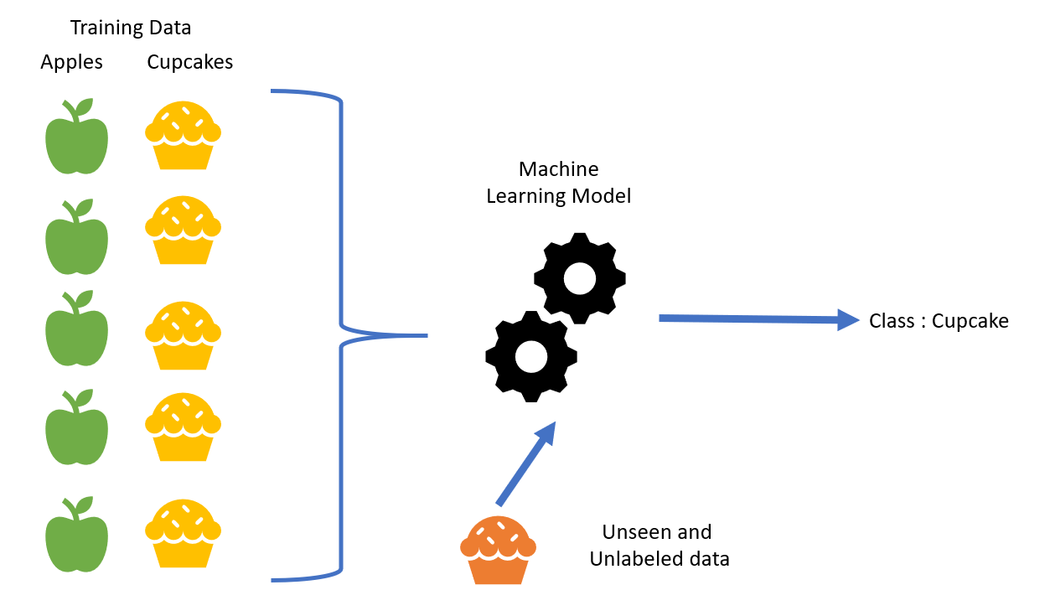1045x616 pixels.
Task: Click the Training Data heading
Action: tap(131, 28)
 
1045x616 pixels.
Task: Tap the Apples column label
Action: tap(71, 63)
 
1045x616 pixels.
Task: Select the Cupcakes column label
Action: tap(190, 63)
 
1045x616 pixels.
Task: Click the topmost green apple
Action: tap(76, 136)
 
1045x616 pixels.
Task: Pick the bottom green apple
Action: tap(76, 535)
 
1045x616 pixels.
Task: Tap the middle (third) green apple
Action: tap(76, 328)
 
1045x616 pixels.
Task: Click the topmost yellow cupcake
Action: tap(183, 135)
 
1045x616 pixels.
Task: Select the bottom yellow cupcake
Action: tap(183, 533)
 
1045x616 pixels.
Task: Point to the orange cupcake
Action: tap(498, 550)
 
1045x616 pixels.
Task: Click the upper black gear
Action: tap(580, 278)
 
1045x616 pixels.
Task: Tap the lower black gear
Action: tap(531, 356)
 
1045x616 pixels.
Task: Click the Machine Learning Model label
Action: tap(558, 183)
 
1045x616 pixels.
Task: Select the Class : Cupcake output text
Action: tap(939, 321)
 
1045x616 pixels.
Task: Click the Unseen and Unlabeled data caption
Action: tap(660, 545)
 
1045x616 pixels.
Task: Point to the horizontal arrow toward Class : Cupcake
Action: tap(759, 319)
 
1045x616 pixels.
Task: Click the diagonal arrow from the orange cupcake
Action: tap(526, 463)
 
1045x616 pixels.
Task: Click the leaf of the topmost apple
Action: tap(85, 107)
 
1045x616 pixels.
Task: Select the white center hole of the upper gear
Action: tap(580, 278)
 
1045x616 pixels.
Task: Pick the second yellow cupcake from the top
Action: tap(183, 230)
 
